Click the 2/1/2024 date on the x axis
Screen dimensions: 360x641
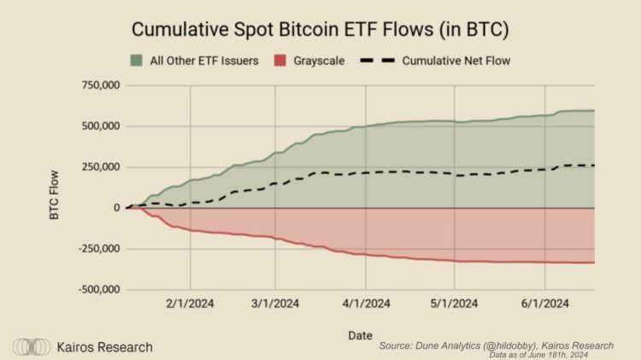(190, 303)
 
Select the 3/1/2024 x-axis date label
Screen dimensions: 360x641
(275, 303)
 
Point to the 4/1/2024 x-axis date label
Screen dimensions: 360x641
(367, 303)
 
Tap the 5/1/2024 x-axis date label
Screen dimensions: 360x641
(455, 303)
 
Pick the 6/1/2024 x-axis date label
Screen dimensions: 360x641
(545, 303)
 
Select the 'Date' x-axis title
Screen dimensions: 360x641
(359, 335)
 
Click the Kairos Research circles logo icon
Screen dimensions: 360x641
(30, 347)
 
